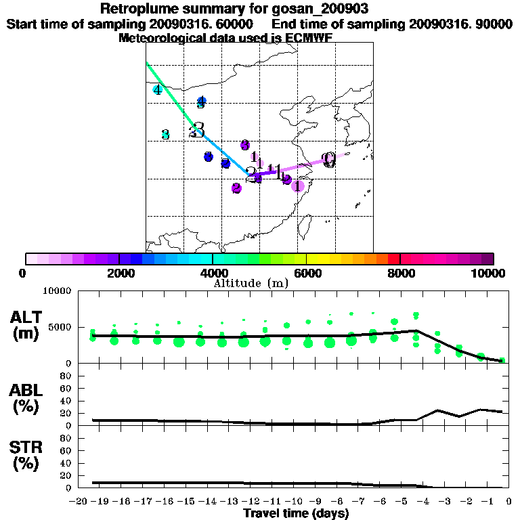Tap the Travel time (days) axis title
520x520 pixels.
[296, 514]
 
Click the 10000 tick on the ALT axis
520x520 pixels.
[58, 291]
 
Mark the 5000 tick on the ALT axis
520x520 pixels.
[60, 326]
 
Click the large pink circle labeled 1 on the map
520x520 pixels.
[297, 185]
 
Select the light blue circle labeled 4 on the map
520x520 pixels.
[158, 89]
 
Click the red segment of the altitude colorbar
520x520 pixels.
[394, 259]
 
